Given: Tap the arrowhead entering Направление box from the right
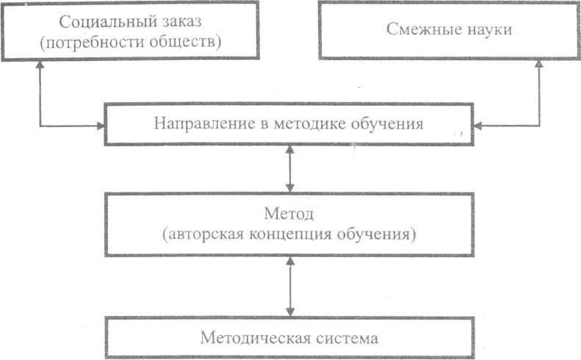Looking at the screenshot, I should click(477, 126).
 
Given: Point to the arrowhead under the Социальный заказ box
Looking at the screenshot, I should click(37, 66).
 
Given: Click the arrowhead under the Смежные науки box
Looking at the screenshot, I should click(541, 66).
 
